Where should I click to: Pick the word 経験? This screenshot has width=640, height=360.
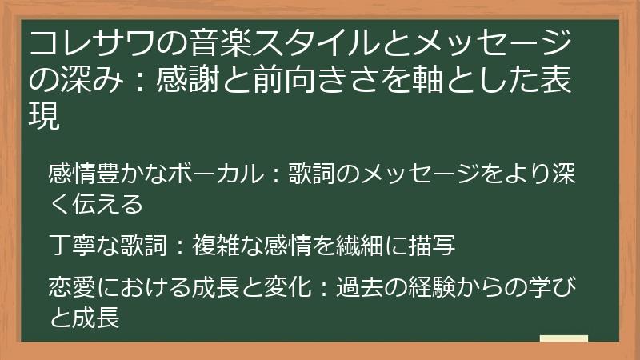(x=450, y=287)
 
